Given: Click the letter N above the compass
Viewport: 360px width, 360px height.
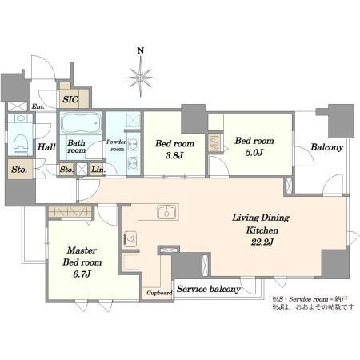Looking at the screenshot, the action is click(141, 50).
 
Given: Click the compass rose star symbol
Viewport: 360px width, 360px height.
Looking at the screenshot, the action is click(141, 78).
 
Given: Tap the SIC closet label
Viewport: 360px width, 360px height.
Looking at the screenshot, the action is click(70, 99).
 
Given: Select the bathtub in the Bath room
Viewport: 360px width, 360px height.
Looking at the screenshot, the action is click(81, 122).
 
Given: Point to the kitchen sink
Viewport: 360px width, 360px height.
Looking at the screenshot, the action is click(167, 212).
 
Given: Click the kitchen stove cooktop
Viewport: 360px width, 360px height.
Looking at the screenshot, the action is click(130, 239).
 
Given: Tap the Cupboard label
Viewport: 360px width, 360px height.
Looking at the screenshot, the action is click(159, 293).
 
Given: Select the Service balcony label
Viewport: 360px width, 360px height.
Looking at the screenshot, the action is click(209, 289).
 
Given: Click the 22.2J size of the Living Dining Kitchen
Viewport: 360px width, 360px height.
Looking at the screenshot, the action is click(262, 242).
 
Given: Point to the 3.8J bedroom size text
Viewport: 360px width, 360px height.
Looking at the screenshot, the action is click(174, 155).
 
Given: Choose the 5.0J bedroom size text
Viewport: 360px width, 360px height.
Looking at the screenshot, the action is click(254, 153).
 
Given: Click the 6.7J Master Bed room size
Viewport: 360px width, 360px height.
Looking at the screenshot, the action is click(82, 274).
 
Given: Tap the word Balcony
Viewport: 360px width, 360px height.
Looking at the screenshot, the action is click(327, 147).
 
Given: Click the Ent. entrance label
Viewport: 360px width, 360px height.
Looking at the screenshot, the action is click(38, 106).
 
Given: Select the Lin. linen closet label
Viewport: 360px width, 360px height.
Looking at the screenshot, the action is click(98, 170).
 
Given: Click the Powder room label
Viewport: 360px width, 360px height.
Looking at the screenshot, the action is click(116, 146).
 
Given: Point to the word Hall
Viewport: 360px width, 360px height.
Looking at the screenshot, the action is click(46, 146).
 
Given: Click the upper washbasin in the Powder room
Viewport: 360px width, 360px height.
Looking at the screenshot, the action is click(133, 144).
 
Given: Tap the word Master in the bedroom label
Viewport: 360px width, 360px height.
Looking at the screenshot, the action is click(82, 250).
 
